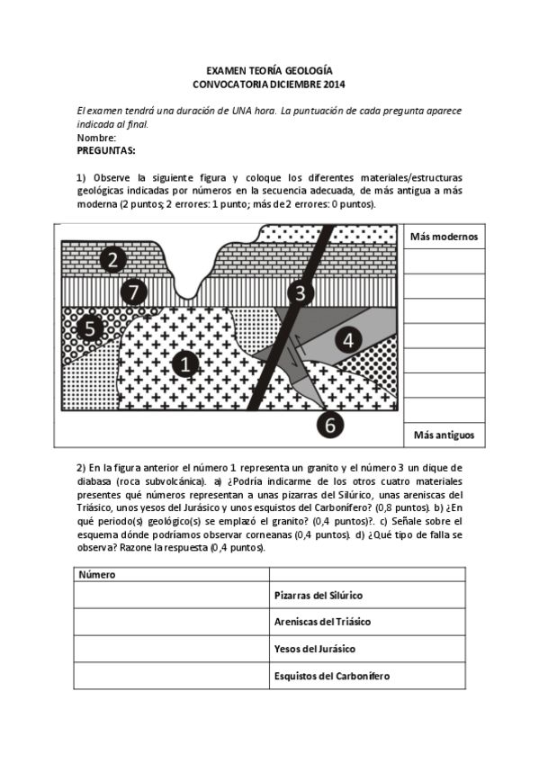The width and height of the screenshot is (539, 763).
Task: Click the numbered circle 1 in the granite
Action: coord(185,364)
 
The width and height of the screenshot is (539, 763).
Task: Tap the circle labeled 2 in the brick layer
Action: coord(112,260)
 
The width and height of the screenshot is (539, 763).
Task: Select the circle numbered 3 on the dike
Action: coord(301,292)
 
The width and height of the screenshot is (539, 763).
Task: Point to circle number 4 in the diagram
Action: coord(348,339)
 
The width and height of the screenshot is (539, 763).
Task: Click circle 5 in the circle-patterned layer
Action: coord(90,328)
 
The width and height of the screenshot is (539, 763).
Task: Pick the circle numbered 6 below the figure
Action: coord(330,425)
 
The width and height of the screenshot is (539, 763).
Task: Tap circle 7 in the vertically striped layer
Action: coord(132,292)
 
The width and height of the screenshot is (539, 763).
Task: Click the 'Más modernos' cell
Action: coord(444,237)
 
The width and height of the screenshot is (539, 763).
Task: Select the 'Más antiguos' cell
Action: coord(444,435)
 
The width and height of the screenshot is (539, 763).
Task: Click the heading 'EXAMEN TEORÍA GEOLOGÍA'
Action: coord(269,70)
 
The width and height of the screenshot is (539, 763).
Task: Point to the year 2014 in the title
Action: coord(332,84)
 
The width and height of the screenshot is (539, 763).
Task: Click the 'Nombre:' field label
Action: coord(96,138)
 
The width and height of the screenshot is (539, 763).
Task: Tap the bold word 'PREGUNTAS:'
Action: coord(105,150)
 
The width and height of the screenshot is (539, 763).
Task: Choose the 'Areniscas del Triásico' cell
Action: coord(322,622)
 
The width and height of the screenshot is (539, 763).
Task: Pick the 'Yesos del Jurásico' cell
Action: coord(314,649)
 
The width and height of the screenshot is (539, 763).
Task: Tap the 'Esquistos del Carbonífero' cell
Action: coord(331,676)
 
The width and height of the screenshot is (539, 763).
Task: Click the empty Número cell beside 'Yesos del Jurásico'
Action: coord(171,649)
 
